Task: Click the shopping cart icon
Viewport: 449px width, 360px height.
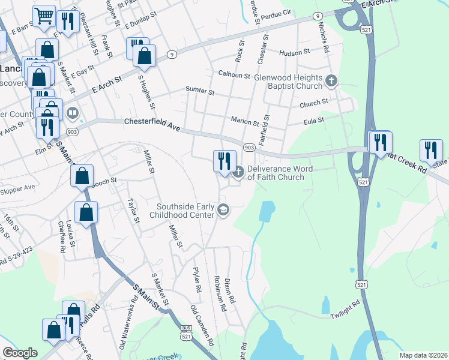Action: click(x=43, y=17)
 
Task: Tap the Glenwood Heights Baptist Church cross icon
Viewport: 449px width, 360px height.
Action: click(x=331, y=80)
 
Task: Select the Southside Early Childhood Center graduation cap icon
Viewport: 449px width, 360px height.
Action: click(x=223, y=209)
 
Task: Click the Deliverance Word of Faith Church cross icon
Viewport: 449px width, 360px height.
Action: click(x=238, y=173)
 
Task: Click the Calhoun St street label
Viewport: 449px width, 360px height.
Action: click(x=234, y=75)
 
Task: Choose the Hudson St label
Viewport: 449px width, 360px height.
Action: click(x=294, y=52)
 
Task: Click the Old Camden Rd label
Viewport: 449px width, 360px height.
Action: click(x=203, y=326)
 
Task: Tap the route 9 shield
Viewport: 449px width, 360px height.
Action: click(x=172, y=55)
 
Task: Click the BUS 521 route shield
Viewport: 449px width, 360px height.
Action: click(x=187, y=331)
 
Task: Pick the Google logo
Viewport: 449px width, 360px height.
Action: click(x=20, y=353)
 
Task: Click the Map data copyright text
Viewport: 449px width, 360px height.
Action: click(x=423, y=355)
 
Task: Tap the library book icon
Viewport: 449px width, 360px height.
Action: click(x=72, y=113)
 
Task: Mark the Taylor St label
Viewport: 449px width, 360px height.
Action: click(x=133, y=212)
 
